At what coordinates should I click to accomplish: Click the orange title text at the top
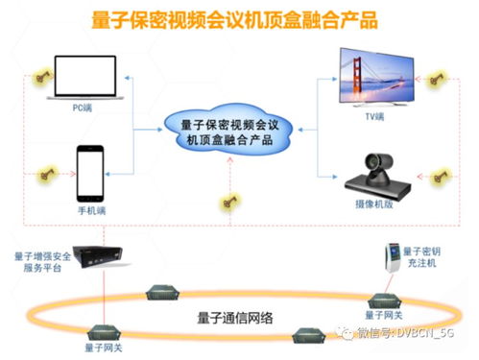click(x=241, y=18)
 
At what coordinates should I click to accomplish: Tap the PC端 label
click(x=82, y=110)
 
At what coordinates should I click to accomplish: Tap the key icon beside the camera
click(x=437, y=176)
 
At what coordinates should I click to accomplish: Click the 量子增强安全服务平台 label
click(x=43, y=262)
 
